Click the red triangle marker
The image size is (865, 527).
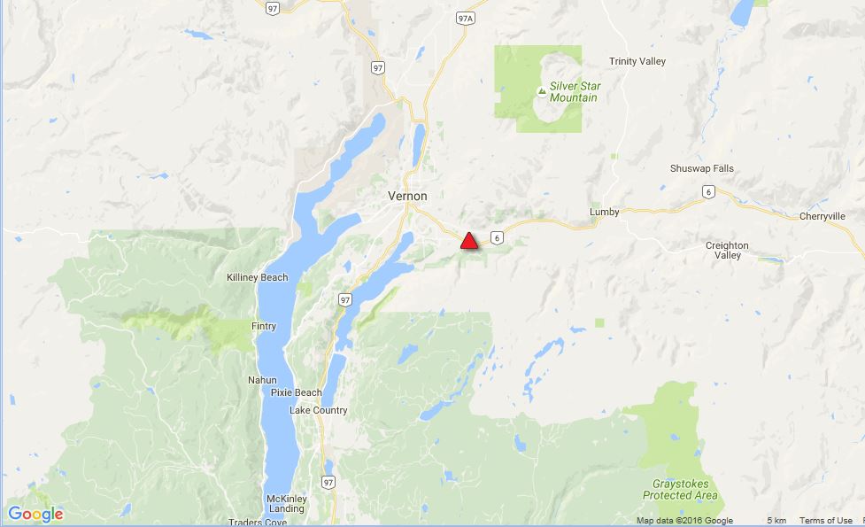tap(469, 241)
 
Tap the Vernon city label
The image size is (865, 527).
tap(407, 196)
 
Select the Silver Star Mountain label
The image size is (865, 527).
tap(573, 91)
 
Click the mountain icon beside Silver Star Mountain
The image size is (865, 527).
tap(541, 91)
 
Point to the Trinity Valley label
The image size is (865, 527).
tap(637, 61)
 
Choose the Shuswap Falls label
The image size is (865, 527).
tap(702, 168)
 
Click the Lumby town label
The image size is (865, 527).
tap(605, 213)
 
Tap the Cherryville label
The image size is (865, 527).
tap(823, 216)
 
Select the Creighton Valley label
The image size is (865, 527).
tap(727, 251)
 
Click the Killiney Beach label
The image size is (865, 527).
tap(258, 277)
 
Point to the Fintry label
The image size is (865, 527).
tap(263, 326)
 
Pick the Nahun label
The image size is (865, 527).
tap(263, 381)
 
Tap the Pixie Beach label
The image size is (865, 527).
tap(296, 392)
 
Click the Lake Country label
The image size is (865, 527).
tap(319, 410)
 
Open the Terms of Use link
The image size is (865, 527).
tap(825, 521)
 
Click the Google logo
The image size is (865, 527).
tap(35, 514)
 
